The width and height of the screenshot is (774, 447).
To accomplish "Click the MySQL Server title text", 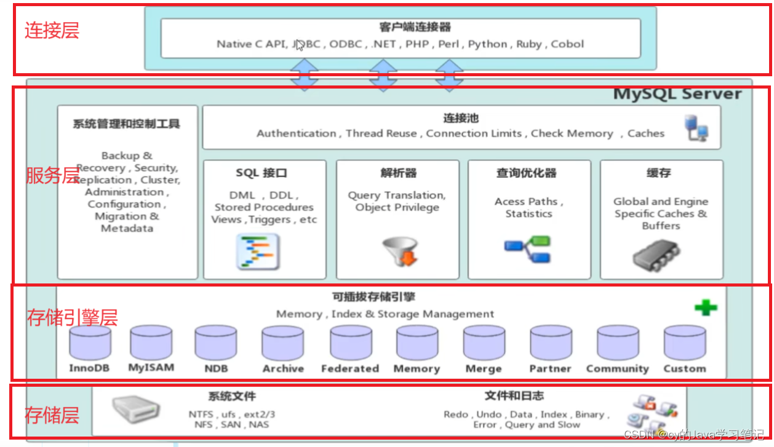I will tap(677, 94).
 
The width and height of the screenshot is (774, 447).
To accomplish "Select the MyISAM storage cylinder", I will tap(151, 343).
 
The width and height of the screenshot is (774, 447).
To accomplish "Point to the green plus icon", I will tap(706, 307).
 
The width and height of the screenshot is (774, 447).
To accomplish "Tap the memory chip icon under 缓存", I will tap(656, 255).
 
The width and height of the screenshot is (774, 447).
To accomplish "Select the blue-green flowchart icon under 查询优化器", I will tap(527, 248).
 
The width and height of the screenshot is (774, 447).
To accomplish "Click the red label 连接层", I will tap(52, 31).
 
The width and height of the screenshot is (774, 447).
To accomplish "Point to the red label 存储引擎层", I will tap(72, 318).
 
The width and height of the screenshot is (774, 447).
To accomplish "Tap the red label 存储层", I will tap(52, 416).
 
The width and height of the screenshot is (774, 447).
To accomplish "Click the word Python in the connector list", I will tap(487, 44).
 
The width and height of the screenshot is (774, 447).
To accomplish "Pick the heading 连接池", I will tap(460, 119).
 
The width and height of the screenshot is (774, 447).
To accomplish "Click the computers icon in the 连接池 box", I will tap(697, 129).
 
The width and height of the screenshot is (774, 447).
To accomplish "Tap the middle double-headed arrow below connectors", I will tap(383, 76).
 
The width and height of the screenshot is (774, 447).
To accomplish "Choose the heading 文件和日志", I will tap(514, 396).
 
